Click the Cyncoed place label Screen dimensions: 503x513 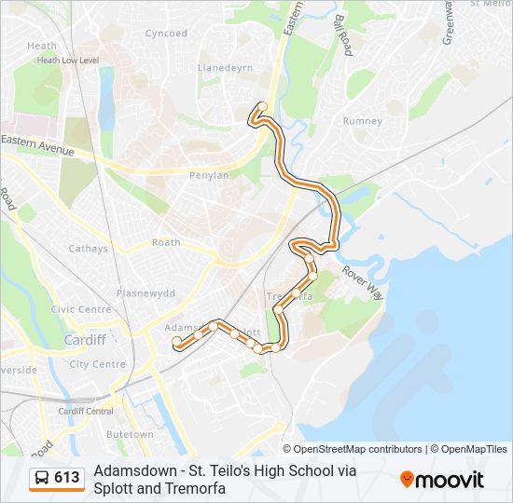(166, 34)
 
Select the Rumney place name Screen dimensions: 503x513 (362, 121)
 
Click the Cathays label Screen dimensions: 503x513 (89, 249)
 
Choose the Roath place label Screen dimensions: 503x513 (166, 243)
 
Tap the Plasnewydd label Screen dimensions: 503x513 (146, 292)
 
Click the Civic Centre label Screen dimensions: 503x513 (81, 309)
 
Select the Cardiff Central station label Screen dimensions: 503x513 (86, 411)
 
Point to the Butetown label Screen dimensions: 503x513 (130, 435)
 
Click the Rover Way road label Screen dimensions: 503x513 (362, 283)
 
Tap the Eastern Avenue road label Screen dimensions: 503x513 (37, 144)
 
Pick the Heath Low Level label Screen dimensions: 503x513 (67, 60)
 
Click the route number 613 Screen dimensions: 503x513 (67, 478)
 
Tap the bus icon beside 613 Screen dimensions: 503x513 (42, 478)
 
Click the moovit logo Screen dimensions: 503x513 (442, 479)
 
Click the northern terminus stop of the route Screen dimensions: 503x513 (263, 106)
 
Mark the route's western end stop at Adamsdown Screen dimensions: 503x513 (176, 342)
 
